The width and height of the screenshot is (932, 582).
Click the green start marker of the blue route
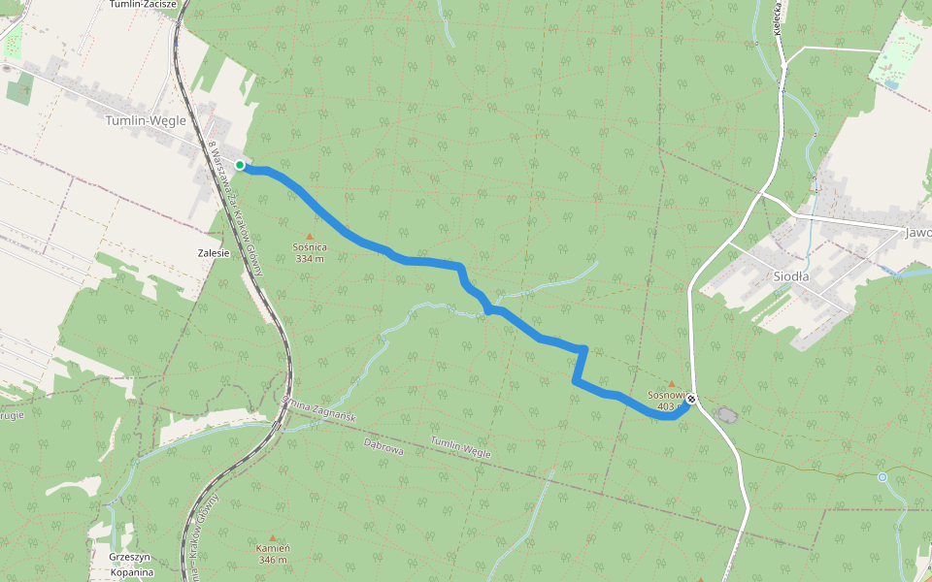tap(240, 165)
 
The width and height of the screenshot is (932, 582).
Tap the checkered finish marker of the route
tap(691, 399)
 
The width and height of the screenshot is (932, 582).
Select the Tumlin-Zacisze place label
tap(143, 4)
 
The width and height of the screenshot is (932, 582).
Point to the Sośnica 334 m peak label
tap(309, 252)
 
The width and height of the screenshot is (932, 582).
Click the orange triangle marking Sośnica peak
tap(311, 236)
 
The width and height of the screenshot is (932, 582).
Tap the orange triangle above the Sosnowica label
tap(670, 384)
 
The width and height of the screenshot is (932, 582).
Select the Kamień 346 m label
tap(273, 554)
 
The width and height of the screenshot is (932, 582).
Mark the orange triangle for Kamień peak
tap(273, 537)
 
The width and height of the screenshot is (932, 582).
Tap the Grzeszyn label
tap(131, 557)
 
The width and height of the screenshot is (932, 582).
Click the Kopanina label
tap(131, 571)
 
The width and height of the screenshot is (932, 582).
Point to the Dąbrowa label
tap(383, 443)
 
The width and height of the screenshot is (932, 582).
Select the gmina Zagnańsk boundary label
tap(318, 408)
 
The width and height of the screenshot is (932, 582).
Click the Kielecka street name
tap(779, 19)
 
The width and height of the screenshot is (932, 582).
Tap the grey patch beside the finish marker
tap(726, 415)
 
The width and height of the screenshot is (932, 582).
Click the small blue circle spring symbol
tap(882, 477)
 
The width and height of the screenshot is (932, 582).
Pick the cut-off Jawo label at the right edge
tap(916, 233)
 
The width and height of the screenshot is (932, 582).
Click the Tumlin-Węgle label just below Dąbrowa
tap(462, 448)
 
